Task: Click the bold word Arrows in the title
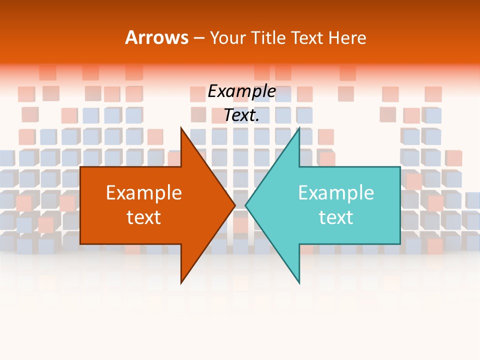(x=156, y=37)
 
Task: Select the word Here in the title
(x=347, y=37)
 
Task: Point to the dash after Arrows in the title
(x=198, y=38)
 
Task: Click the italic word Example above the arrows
(x=241, y=91)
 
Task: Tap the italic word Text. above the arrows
(x=241, y=115)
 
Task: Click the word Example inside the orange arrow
(x=144, y=192)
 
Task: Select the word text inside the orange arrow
(x=144, y=217)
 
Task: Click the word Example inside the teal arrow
(x=336, y=192)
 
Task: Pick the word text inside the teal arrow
(x=336, y=217)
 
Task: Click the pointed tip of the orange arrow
(x=235, y=204)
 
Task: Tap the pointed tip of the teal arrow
(x=245, y=204)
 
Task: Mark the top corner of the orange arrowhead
(x=181, y=127)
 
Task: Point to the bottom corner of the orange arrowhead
(x=181, y=283)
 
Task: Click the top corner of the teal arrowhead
(x=299, y=128)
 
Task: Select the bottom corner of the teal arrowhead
(x=299, y=283)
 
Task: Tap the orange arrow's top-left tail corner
(x=81, y=167)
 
